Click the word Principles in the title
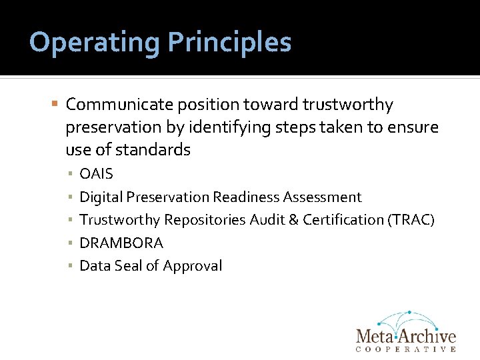coord(229,43)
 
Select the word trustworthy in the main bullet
coord(347,105)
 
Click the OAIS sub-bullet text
coord(97,174)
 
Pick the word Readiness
coord(247,197)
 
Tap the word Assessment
coord(322,197)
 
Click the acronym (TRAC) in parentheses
coord(411,220)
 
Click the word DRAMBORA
coord(121,243)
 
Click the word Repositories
coord(205,220)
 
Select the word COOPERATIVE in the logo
coord(406,349)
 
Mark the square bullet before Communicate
coord(55,105)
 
